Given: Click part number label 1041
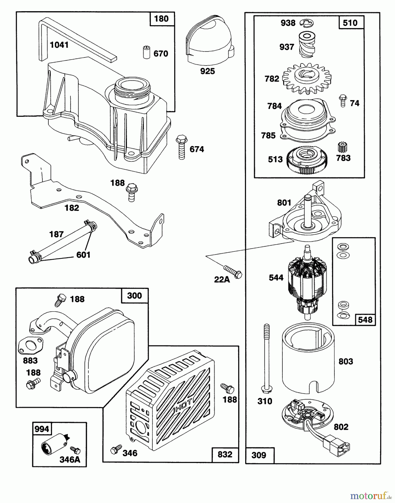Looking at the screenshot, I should [59, 45].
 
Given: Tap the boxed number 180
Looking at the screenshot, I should [162, 19].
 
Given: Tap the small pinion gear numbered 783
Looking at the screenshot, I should [340, 147].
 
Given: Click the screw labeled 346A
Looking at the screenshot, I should [75, 450].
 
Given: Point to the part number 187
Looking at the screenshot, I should [56, 234].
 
